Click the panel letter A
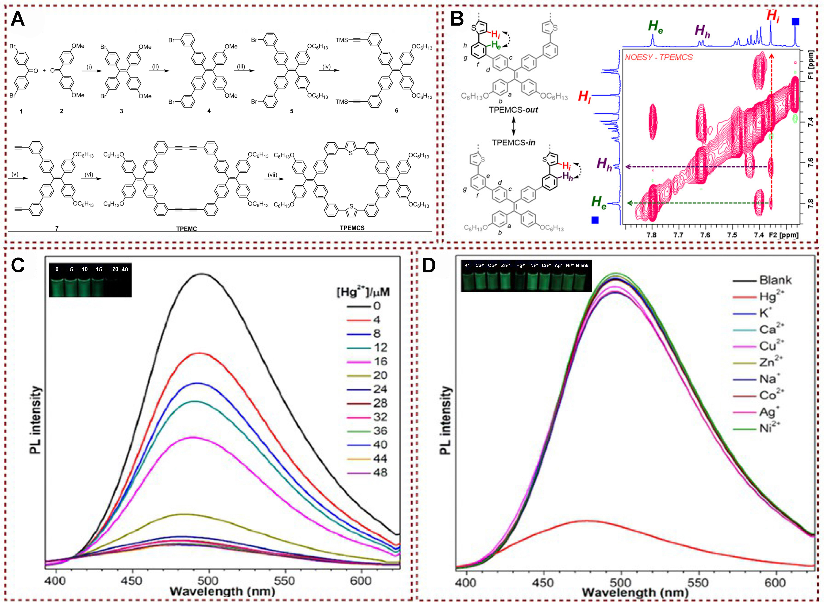(x=18, y=19)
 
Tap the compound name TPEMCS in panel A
(x=352, y=228)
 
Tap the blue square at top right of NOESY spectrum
(x=795, y=22)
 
